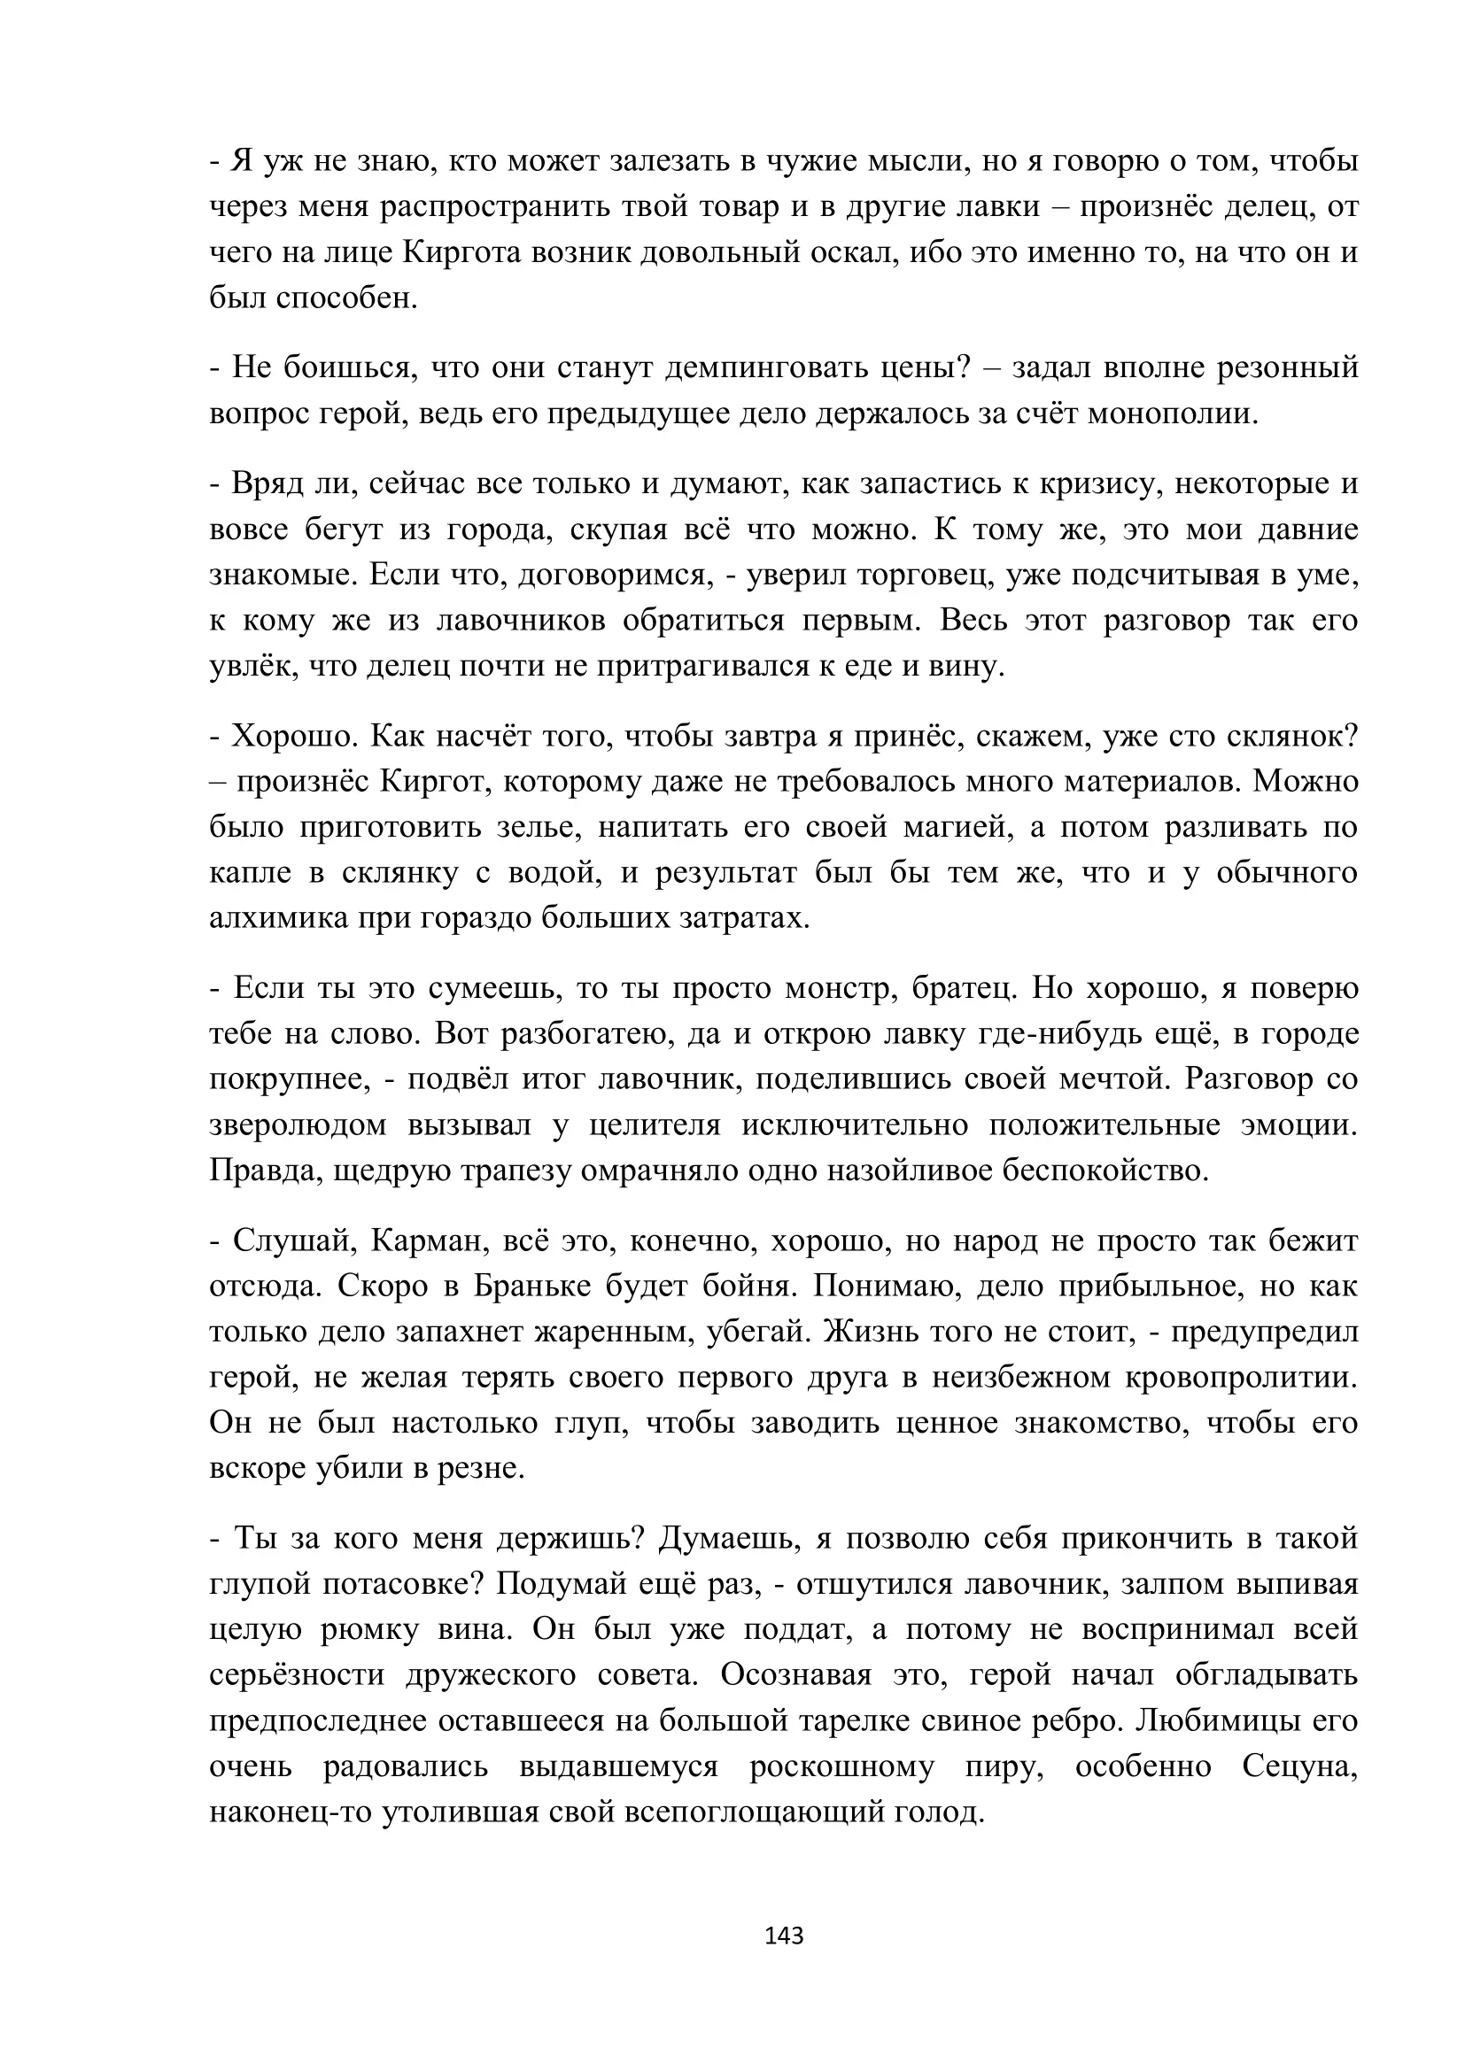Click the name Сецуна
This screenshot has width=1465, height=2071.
(x=1299, y=1766)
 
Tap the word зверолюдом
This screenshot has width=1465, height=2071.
(x=298, y=1124)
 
